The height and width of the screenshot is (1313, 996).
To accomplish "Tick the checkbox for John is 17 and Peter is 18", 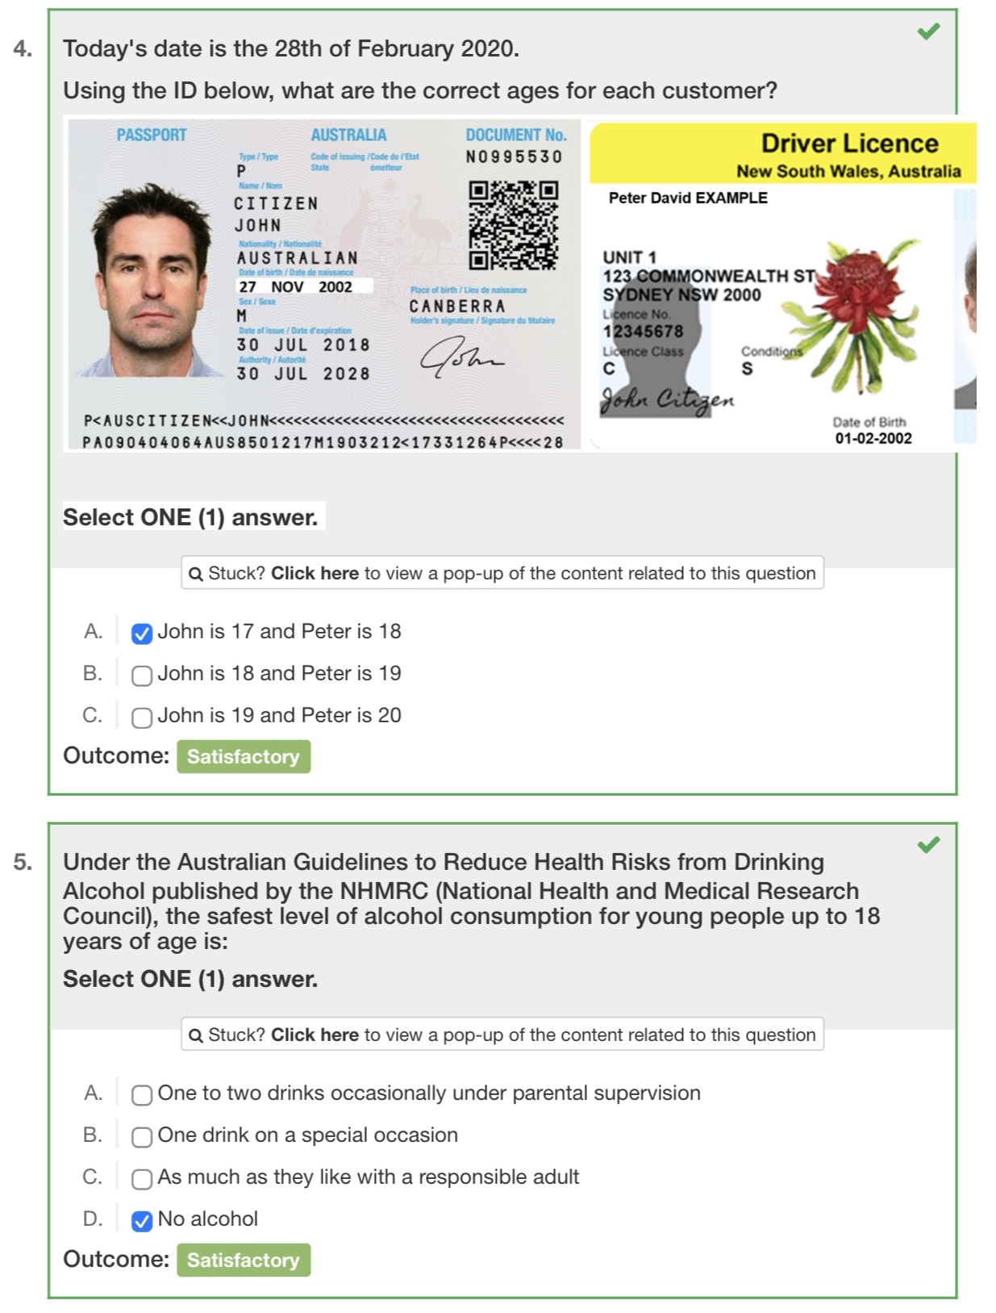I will coord(142,634).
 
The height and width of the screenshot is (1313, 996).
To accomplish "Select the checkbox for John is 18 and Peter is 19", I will coord(142,675).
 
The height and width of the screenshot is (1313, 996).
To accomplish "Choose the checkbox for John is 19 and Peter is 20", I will coord(142,717).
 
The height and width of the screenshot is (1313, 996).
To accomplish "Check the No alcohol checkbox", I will coord(142,1221).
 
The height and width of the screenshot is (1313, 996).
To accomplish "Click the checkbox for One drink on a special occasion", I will coord(142,1137).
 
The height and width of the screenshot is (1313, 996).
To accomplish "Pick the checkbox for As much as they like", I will coord(142,1179).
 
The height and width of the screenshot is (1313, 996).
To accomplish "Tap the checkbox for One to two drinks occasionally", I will coord(142,1095).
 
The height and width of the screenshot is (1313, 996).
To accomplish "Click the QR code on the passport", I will coord(513,225).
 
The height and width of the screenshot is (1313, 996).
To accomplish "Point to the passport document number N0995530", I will coord(514,157).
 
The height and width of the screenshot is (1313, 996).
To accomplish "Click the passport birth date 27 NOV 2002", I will coord(295,286).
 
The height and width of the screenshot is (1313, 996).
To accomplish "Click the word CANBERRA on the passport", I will coord(457,307).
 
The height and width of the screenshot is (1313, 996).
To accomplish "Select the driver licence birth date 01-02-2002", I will coord(873,438).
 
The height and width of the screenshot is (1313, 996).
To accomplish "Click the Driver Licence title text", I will coord(849,144).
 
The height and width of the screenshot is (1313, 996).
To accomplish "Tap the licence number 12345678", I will coord(643,332).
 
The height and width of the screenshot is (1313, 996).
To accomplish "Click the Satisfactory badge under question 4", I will coord(244,757).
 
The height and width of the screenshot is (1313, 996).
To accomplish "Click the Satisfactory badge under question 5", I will coord(244,1260).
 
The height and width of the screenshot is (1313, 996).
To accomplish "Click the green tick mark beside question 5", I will coord(928,844).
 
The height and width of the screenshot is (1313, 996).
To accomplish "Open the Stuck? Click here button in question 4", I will coord(502,573).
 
